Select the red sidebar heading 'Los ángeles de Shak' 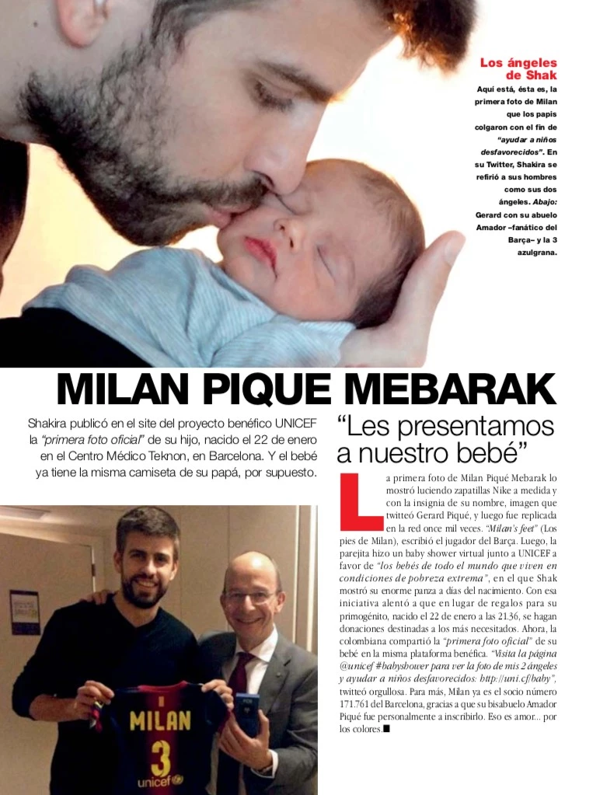518,68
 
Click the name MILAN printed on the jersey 159,720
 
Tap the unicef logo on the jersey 159,781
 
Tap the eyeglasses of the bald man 249,597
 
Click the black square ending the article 386,729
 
